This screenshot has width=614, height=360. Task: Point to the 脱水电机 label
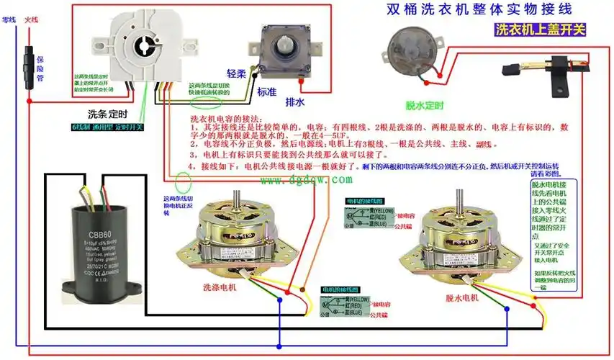coord(461,297)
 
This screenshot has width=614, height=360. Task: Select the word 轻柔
coord(237,74)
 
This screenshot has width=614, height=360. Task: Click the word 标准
coord(266,92)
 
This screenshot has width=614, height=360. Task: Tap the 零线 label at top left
coord(9,21)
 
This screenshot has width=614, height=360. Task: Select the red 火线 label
coord(31,21)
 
